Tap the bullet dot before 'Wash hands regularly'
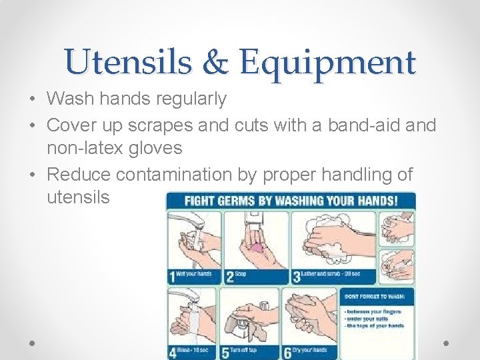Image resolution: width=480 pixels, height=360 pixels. (33, 100)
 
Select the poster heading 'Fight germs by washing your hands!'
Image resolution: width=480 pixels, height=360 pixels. (291, 201)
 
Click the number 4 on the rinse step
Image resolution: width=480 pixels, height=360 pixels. (173, 351)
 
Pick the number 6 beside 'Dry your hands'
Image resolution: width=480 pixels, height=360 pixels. (287, 351)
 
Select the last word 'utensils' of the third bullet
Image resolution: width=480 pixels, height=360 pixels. (78, 197)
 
